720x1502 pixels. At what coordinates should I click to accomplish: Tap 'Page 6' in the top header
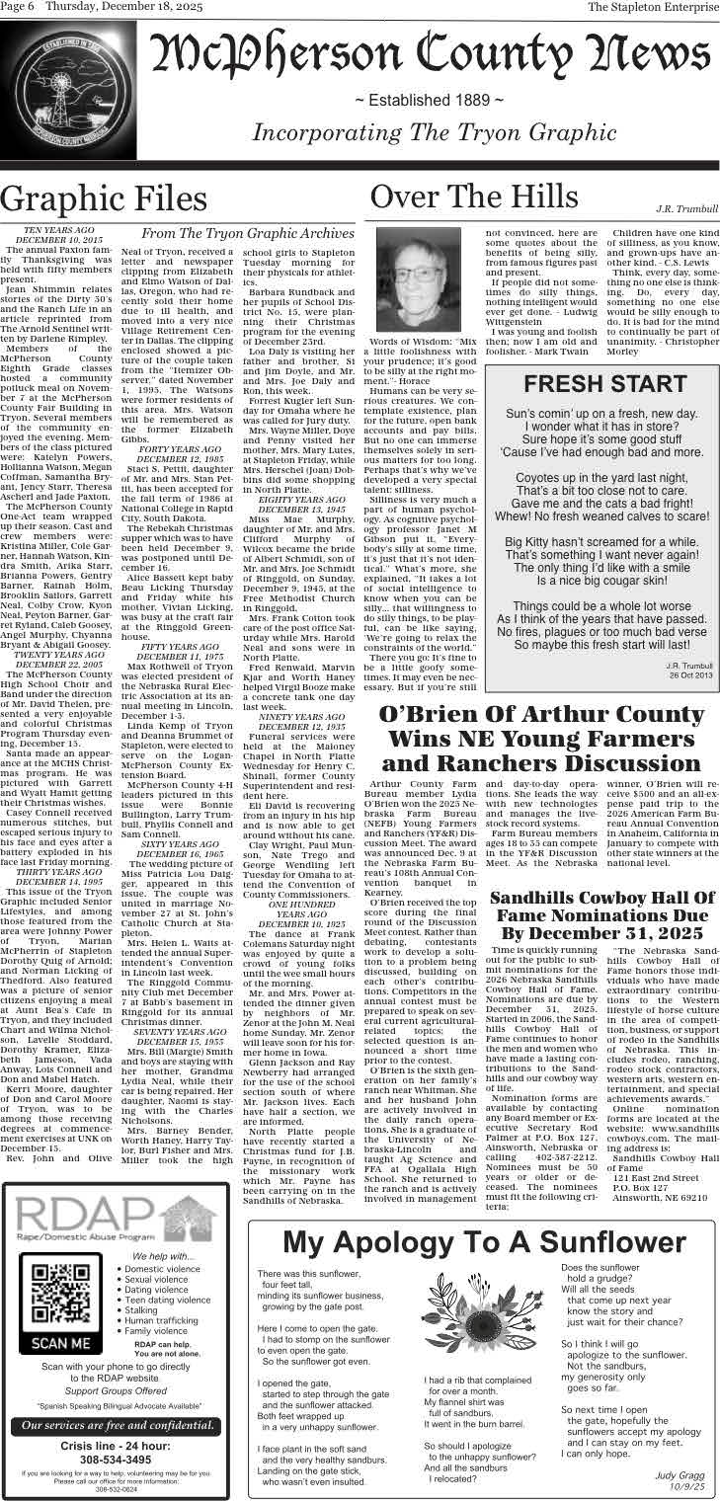[x=18, y=7]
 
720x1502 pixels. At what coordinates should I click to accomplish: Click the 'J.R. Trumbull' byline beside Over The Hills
[x=686, y=208]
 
